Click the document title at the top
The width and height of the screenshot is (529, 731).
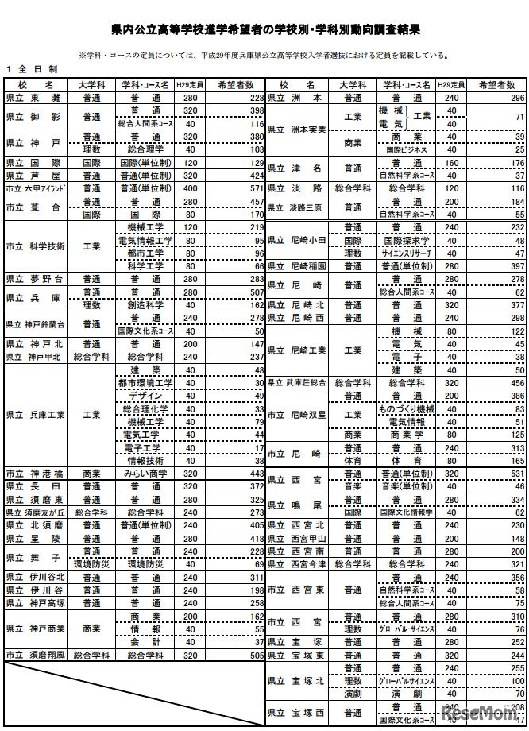pyautogui.click(x=265, y=29)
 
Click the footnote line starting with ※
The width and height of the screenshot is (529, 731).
pyautogui.click(x=262, y=56)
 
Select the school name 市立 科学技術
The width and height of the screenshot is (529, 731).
pyautogui.click(x=35, y=246)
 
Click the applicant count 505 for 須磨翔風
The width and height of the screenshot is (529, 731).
pyautogui.click(x=253, y=656)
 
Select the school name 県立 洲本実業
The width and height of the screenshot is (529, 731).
pyautogui.click(x=297, y=129)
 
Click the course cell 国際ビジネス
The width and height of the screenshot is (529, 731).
pyautogui.click(x=405, y=149)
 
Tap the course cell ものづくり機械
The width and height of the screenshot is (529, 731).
pyautogui.click(x=405, y=408)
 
